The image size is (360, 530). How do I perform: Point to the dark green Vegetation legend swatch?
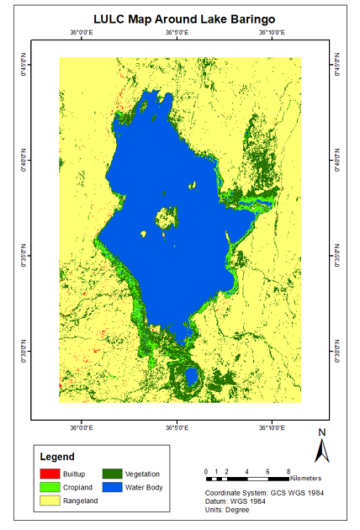tap(113, 474)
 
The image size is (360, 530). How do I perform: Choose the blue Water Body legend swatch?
tap(113, 487)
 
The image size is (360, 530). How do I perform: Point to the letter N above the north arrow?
tap(320, 433)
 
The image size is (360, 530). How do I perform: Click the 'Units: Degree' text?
tap(231, 510)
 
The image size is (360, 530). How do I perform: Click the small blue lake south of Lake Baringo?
tap(191, 375)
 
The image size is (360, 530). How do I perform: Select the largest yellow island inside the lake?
tap(165, 219)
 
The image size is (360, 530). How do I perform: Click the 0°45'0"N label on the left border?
tap(24, 65)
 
